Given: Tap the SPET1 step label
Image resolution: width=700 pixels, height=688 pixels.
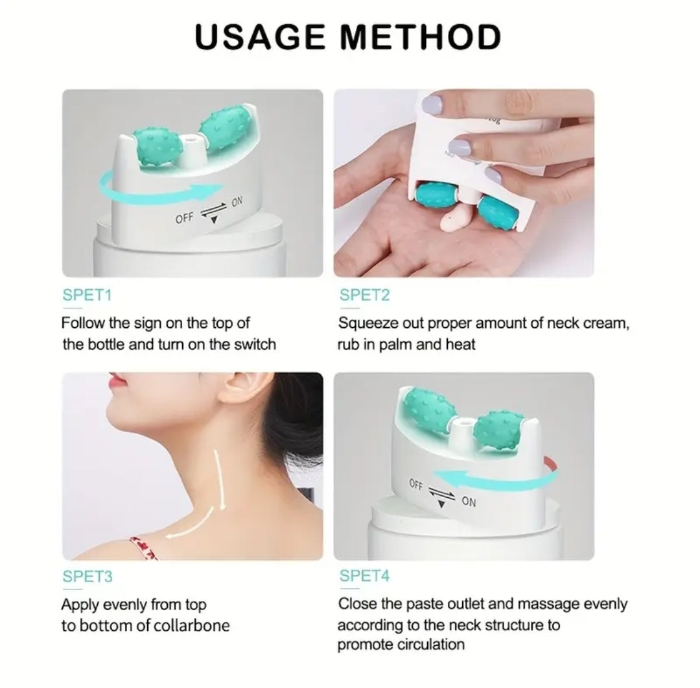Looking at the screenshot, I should pyautogui.click(x=87, y=295).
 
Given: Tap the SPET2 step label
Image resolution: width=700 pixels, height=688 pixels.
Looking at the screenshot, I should pyautogui.click(x=364, y=295).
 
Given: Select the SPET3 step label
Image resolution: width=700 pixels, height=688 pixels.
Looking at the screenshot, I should pyautogui.click(x=87, y=576).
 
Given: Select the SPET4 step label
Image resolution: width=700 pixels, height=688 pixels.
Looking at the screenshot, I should pyautogui.click(x=364, y=576).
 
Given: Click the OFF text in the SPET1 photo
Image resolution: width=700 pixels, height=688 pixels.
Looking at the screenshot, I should pyautogui.click(x=184, y=217).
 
